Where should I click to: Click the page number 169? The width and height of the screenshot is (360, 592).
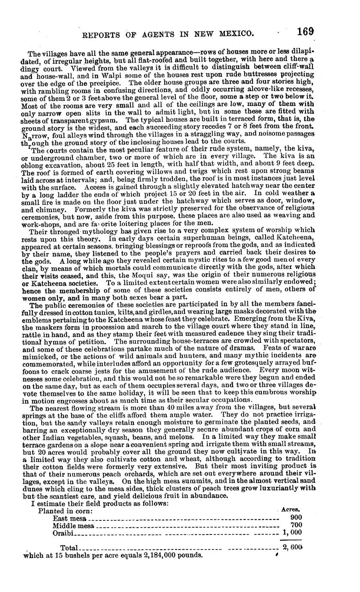click(305, 32)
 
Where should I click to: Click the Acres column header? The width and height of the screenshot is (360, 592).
click(290, 509)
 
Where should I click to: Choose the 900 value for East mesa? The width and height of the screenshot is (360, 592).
click(296, 517)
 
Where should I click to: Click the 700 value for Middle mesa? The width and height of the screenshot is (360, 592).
click(296, 525)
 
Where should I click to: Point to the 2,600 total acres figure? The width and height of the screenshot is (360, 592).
click(292, 547)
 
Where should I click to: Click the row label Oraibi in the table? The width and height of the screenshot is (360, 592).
click(64, 533)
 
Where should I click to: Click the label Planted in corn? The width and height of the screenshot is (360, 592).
click(65, 511)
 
